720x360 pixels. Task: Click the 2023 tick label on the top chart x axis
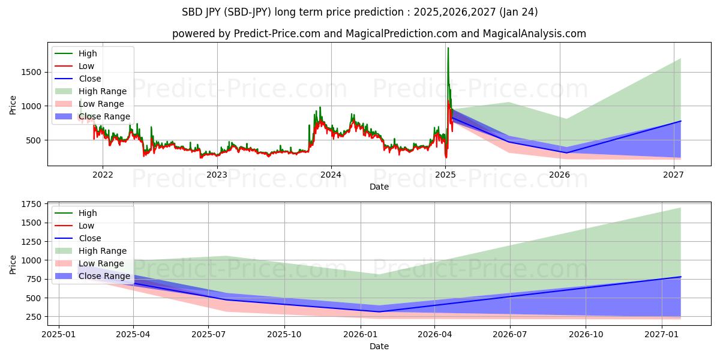pos(217,175)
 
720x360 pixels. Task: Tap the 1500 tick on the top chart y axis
pos(32,72)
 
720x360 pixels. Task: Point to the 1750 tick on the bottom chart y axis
pos(32,204)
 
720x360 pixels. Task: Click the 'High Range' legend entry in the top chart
pos(103,91)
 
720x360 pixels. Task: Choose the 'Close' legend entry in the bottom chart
pos(89,238)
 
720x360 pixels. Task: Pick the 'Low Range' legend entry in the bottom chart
pos(101,263)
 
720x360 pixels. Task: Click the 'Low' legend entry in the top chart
pos(86,66)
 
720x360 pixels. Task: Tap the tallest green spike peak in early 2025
pos(448,48)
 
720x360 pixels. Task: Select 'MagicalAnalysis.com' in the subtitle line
pos(535,34)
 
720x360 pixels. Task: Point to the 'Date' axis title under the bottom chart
pos(379,346)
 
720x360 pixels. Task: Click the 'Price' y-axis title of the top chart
pos(13,105)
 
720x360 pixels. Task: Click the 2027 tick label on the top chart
pos(674,175)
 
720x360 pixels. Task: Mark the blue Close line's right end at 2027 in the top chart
pos(680,121)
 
